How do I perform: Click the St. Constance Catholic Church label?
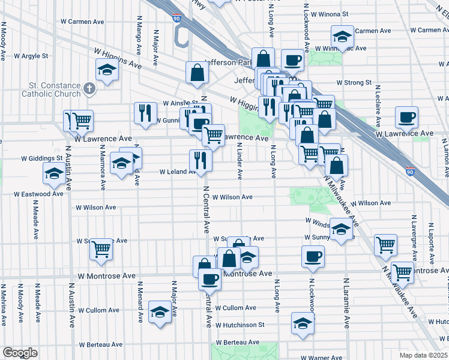point(42,89)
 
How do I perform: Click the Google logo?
point(20,353)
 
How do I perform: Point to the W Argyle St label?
point(28,56)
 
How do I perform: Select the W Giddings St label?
point(42,158)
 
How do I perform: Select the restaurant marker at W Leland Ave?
point(200,160)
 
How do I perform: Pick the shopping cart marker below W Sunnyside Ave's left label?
point(101,248)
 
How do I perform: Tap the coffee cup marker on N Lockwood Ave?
point(312,256)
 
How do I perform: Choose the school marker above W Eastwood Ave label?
point(54,173)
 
